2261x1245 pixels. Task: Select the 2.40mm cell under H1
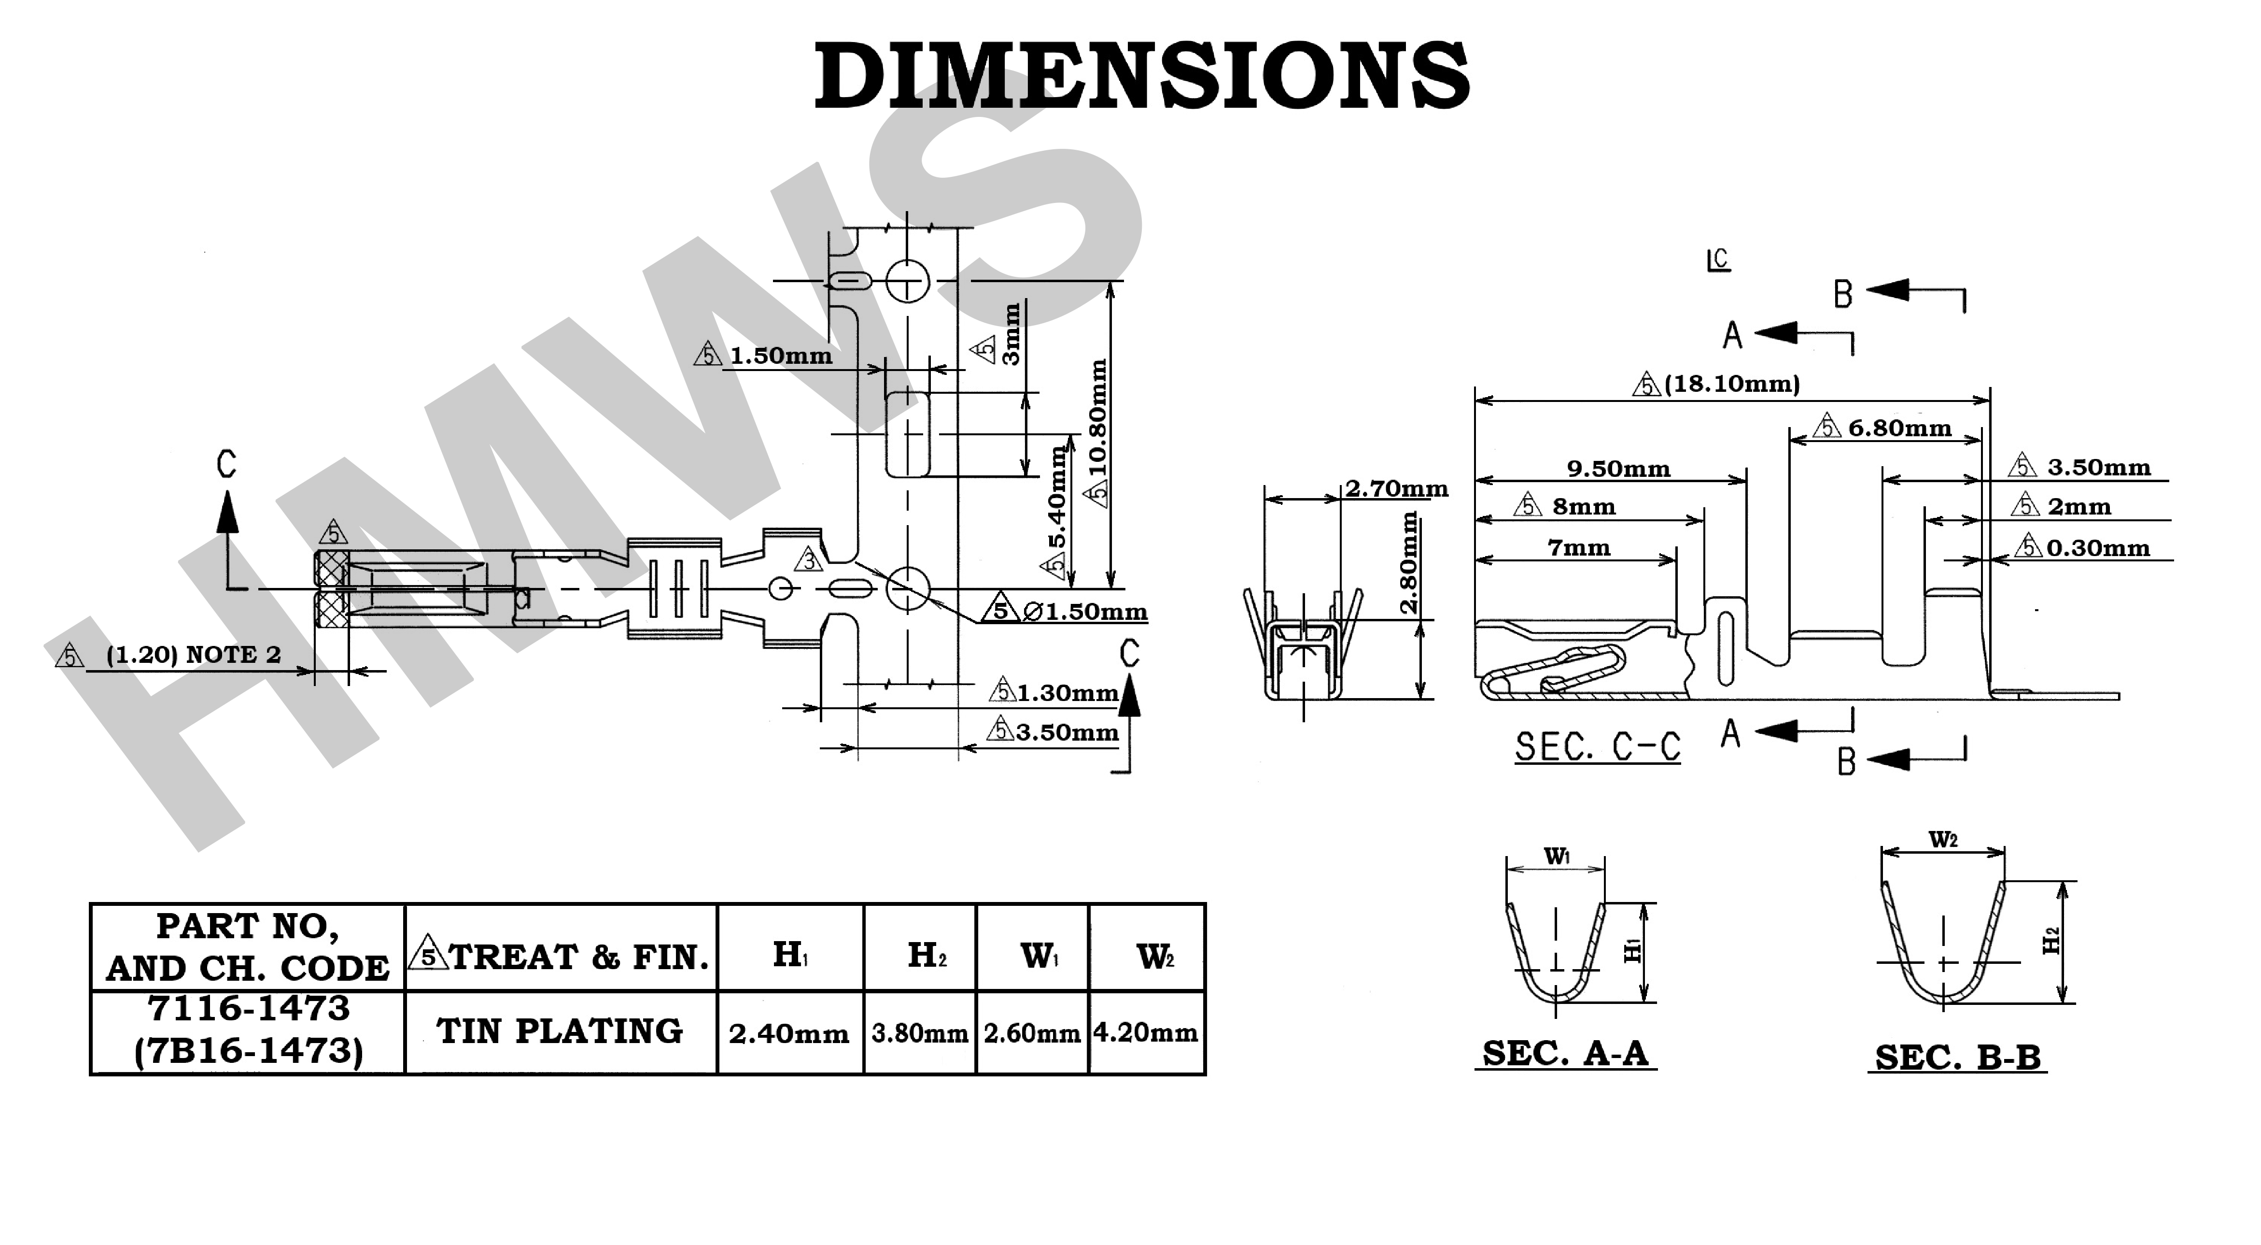pos(788,1033)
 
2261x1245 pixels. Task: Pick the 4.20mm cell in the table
pos(1145,1032)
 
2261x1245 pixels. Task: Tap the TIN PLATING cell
pos(560,1031)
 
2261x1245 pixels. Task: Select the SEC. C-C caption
pos(1598,747)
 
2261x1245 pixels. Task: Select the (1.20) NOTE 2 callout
pos(193,655)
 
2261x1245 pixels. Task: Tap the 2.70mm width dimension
pos(1396,489)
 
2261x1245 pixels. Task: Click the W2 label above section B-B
pos(1942,840)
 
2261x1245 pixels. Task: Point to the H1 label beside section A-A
pos(1632,950)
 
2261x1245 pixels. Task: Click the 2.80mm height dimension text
pos(1408,562)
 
